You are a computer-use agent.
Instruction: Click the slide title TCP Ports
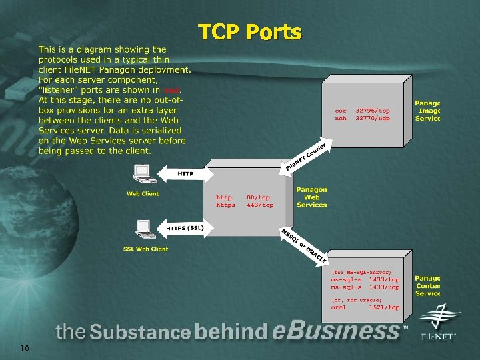click(x=249, y=31)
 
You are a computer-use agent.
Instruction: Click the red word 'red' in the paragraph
click(x=171, y=89)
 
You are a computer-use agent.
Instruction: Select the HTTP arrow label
click(x=185, y=173)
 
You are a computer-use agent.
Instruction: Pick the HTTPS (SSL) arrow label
click(x=185, y=229)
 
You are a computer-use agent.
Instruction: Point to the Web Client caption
click(x=143, y=194)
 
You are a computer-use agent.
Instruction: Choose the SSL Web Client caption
click(x=145, y=249)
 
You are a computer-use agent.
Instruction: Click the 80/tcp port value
click(x=259, y=197)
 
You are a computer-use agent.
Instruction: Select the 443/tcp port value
click(x=260, y=205)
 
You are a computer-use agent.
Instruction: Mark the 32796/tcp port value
click(x=373, y=110)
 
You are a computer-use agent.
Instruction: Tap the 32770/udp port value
click(x=373, y=118)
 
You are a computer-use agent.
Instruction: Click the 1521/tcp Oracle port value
click(x=384, y=307)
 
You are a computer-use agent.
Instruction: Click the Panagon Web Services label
click(x=311, y=197)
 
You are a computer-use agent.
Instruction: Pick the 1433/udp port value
click(x=384, y=287)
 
